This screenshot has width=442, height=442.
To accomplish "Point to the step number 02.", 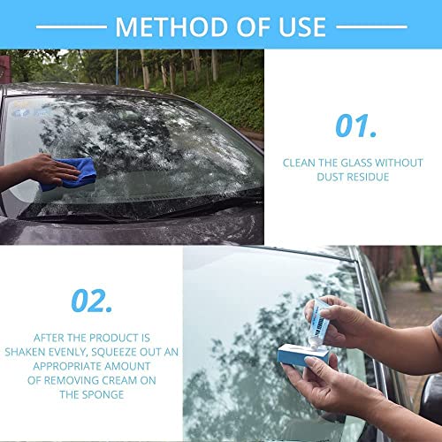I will (x=91, y=301).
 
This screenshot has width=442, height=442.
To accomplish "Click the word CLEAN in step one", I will (x=300, y=163).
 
